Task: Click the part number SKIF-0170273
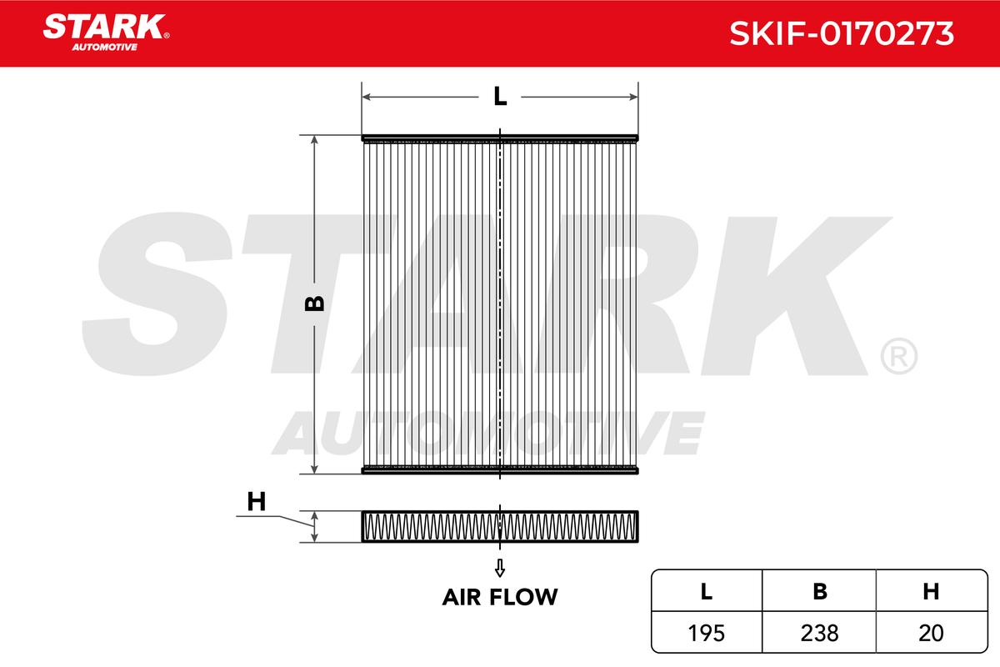click(x=841, y=33)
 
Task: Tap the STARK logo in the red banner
click(x=106, y=32)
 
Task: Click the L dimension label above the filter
click(x=500, y=96)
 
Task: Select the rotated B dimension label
click(x=314, y=303)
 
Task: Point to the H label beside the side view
click(x=257, y=501)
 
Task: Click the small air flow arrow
click(x=500, y=568)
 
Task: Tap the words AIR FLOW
click(x=500, y=597)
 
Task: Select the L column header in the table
click(x=706, y=591)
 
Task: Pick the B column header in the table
click(x=820, y=591)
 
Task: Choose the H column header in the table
click(x=931, y=591)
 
